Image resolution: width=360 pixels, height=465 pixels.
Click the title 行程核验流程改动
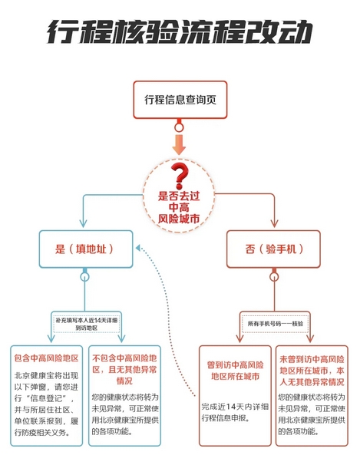pos(180,31)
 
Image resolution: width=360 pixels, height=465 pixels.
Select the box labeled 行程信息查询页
pos(180,100)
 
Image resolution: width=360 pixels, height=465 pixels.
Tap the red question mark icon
pos(180,176)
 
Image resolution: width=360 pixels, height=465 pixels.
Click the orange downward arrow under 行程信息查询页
pos(179,144)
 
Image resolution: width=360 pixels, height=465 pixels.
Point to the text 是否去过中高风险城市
pos(179,207)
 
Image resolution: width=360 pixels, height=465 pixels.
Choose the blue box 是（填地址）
pos(86,249)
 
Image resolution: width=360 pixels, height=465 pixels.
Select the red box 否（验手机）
pos(273,249)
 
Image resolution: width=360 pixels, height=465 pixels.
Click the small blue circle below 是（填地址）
pos(84,277)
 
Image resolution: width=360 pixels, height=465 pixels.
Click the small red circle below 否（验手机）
pos(274,277)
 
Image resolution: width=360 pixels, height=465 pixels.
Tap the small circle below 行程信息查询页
pos(179,128)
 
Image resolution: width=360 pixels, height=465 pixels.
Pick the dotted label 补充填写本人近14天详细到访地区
pos(86,324)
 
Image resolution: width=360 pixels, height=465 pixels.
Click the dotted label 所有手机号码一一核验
pos(275,324)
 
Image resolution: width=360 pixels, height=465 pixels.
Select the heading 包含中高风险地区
pos(46,358)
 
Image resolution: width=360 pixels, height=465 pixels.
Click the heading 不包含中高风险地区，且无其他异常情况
pos(124,370)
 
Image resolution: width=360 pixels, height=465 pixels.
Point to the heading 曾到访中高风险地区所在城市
pos(235,371)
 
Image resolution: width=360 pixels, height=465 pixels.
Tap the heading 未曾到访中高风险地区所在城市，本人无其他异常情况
pos(312,371)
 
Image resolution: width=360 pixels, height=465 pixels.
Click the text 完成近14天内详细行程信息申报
pos(235,412)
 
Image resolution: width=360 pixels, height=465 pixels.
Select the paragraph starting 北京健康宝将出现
pos(46,404)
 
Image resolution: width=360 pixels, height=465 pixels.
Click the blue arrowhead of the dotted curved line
pos(138,248)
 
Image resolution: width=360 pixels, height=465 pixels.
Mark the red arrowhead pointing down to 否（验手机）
pos(274,223)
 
